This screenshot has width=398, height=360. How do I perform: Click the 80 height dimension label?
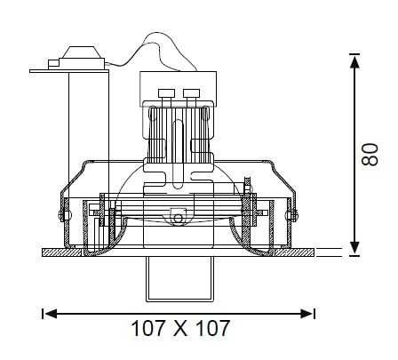tap(370, 155)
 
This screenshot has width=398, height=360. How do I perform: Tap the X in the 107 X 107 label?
tap(180, 328)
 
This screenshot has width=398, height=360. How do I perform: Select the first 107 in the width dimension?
tap(147, 328)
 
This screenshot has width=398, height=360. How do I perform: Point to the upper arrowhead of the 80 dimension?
tap(354, 63)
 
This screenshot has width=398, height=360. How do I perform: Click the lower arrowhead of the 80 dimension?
tap(354, 248)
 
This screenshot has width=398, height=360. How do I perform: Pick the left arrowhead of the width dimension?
tap(51, 314)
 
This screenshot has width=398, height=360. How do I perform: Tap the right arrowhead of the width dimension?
tap(306, 314)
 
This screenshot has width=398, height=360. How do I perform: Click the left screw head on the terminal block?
tap(165, 93)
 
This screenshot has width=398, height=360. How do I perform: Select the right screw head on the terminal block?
tap(191, 93)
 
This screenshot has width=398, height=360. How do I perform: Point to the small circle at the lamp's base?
tap(178, 219)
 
